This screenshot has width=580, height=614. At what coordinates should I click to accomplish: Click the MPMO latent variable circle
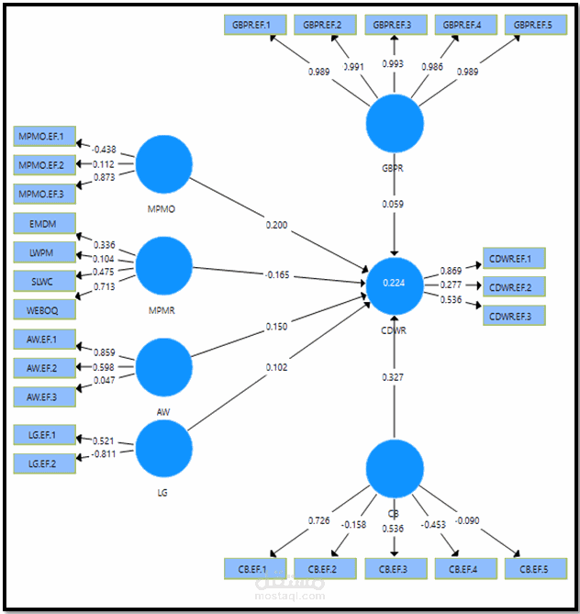[x=164, y=163]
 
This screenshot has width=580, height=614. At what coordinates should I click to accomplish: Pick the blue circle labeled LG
[x=164, y=448]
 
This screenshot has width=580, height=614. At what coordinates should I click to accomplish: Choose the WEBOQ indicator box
[x=45, y=309]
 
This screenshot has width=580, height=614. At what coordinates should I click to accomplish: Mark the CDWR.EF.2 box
[x=516, y=286]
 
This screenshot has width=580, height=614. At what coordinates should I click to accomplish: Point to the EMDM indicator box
[x=45, y=223]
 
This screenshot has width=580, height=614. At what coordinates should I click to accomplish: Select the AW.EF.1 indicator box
[x=45, y=340]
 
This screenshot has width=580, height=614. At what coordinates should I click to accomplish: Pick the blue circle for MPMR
[x=164, y=265]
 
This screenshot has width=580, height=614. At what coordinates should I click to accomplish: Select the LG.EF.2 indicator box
[x=45, y=463]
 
